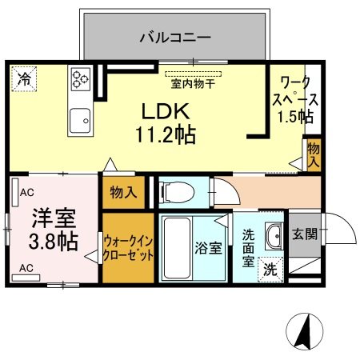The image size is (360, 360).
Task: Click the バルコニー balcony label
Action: pos(175,38)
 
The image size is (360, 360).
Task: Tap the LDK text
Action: pos(166,111)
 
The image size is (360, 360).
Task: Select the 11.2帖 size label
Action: pos(166,134)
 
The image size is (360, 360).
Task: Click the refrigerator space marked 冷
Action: pos(24,79)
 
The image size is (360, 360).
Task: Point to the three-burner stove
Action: pos(81,79)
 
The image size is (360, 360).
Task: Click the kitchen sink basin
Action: pos(80,121)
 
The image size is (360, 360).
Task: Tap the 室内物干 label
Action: pos(193,84)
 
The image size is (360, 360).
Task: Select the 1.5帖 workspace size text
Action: pos(295,116)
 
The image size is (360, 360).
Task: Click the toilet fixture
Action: pos(177,192)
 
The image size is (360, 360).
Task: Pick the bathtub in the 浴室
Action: pos(177,248)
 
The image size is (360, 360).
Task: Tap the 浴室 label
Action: pos(208,248)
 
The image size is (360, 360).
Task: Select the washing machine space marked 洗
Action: pos(270,270)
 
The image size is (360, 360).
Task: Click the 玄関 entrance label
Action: pos(305,234)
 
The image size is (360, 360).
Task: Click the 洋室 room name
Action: pos(54,218)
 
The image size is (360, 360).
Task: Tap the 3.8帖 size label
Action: pos(54,242)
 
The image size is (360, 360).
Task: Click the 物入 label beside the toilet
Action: pos(123,192)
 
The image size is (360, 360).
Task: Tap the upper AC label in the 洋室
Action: pos(27,192)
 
